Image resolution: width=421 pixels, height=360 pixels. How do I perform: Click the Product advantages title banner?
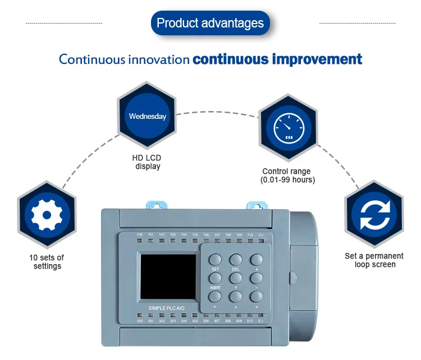point(210,23)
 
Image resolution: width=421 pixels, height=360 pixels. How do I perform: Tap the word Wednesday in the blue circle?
point(148,117)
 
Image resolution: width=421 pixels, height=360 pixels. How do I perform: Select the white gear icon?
point(46,215)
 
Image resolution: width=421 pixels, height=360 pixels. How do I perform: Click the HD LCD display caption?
point(147,162)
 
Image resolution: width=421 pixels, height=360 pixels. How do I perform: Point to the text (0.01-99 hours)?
point(287,180)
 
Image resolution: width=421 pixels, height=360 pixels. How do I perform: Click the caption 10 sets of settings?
point(47,262)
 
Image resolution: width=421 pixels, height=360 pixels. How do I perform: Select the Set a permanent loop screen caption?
point(374,260)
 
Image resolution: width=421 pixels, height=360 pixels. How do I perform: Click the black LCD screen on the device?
point(168,276)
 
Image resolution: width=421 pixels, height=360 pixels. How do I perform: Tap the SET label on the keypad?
point(215,270)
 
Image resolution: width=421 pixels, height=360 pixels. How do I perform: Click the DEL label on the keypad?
point(236,270)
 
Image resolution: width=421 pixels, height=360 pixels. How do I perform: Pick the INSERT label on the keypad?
point(215,288)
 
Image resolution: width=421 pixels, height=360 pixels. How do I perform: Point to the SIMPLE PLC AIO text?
point(166,308)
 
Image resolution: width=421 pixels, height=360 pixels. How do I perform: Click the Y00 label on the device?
point(140,234)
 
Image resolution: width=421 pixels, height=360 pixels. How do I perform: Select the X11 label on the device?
point(260,321)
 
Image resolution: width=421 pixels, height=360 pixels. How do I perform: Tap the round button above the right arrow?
point(256,296)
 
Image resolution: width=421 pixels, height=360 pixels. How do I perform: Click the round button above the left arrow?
point(216,296)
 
